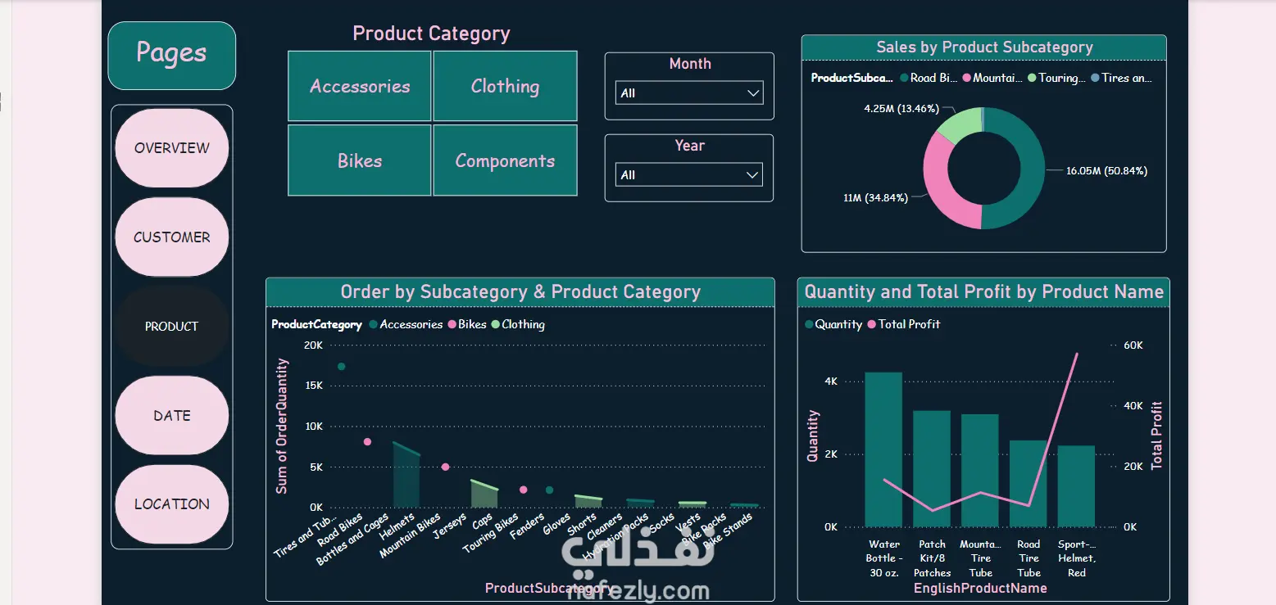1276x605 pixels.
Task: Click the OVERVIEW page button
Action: point(172,148)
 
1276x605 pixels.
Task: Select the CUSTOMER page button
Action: point(172,237)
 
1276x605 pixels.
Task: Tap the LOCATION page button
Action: point(172,504)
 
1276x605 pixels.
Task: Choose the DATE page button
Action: point(172,416)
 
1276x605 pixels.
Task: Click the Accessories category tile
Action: point(360,87)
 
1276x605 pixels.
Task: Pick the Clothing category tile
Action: point(505,87)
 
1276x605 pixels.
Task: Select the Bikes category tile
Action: point(360,160)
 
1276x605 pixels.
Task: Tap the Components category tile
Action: point(505,160)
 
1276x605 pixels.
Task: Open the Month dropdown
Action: point(689,93)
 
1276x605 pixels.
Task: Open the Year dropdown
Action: point(689,175)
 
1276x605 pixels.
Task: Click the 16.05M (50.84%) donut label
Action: point(1106,171)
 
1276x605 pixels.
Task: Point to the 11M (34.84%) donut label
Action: point(875,198)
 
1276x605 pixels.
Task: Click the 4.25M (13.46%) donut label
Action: point(901,108)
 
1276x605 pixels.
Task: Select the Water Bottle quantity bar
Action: point(883,449)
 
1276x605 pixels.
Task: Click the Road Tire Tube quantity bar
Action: point(1029,483)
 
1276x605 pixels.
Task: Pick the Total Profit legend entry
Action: point(908,324)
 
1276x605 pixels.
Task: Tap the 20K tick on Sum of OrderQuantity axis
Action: point(313,345)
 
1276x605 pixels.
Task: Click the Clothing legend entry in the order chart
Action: point(522,324)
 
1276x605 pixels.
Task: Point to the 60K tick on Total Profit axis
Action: point(1133,345)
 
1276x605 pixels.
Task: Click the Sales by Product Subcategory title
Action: point(984,47)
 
